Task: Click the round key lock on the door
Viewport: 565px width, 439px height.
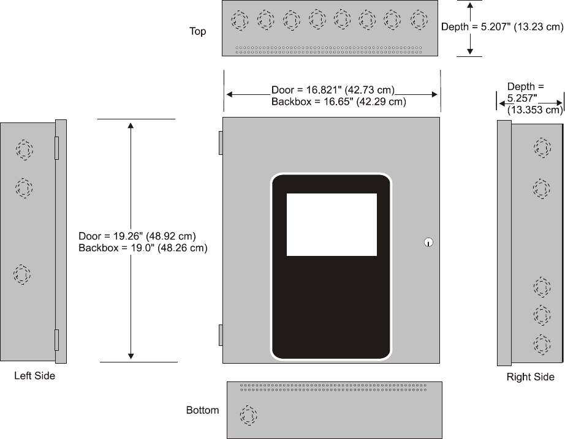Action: click(428, 242)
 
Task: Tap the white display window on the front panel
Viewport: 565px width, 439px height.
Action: click(332, 224)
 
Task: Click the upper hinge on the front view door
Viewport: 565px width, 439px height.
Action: click(220, 142)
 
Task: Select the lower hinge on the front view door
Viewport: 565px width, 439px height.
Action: click(220, 336)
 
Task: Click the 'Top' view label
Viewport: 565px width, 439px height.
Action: click(197, 31)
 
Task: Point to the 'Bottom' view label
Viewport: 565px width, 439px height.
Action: click(202, 410)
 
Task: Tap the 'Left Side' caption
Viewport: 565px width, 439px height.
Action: click(35, 376)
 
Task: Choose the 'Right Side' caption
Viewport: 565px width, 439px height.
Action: click(530, 377)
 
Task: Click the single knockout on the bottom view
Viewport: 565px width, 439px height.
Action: click(249, 416)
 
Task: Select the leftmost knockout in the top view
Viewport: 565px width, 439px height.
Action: click(240, 21)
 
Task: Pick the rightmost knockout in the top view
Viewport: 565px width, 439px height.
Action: click(419, 20)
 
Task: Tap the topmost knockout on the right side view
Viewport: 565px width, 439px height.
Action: click(542, 148)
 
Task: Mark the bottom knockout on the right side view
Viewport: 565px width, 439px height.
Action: click(542, 343)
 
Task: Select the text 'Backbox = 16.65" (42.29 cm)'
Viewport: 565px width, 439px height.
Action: click(338, 102)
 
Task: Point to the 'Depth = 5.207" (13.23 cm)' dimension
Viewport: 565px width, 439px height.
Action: click(501, 27)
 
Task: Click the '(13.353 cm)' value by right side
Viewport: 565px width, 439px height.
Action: click(534, 110)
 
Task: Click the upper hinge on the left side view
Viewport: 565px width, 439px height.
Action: click(57, 148)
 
